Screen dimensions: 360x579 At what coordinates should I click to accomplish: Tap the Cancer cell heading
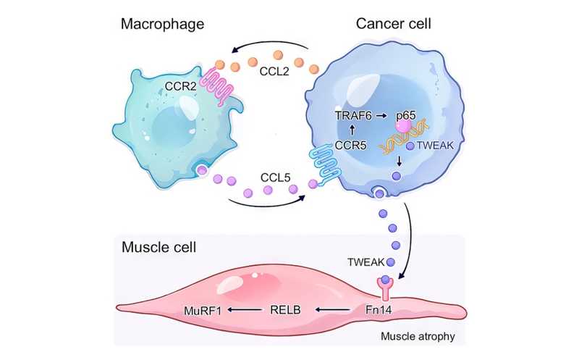[394, 24]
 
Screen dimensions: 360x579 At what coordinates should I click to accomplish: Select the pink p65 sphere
[403, 127]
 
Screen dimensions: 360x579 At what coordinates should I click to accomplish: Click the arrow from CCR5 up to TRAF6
[352, 129]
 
